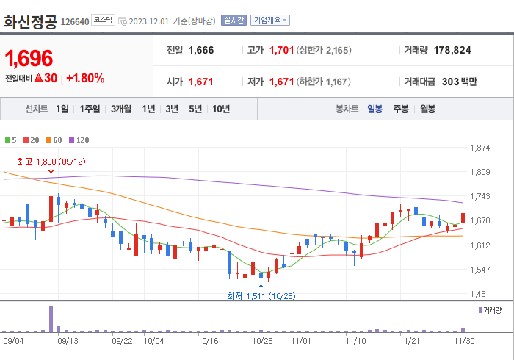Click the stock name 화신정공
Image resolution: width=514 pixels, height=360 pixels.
(x=30, y=21)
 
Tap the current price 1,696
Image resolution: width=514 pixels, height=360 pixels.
(x=29, y=58)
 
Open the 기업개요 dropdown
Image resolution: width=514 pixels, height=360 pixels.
(x=270, y=21)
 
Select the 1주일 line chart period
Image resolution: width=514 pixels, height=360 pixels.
(x=90, y=109)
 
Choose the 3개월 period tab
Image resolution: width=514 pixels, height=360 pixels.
(x=121, y=109)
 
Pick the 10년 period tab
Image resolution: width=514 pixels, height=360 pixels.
(x=220, y=109)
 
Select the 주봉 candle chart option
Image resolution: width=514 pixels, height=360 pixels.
(x=401, y=109)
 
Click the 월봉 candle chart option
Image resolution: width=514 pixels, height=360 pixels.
(x=427, y=109)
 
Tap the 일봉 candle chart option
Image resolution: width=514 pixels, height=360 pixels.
(x=374, y=109)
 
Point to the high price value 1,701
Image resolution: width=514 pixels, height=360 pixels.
(x=282, y=50)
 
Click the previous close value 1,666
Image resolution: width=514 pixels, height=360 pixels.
(x=201, y=50)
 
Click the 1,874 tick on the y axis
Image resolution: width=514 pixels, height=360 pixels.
(x=479, y=148)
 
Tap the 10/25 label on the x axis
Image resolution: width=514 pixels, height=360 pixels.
(x=263, y=340)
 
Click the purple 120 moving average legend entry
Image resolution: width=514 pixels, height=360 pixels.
(x=79, y=140)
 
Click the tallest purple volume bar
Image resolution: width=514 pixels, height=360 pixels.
(x=51, y=318)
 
